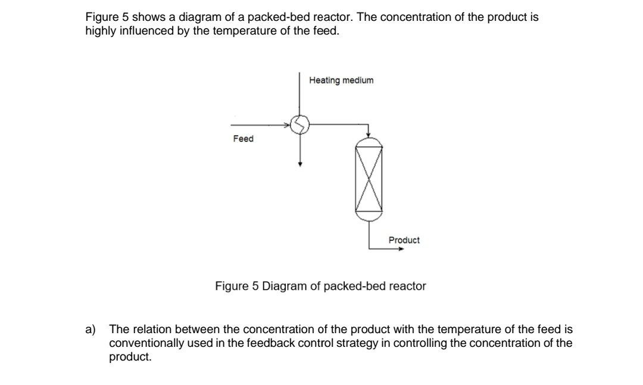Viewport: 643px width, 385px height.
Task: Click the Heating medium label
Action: (341, 80)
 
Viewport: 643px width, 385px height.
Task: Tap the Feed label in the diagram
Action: (243, 139)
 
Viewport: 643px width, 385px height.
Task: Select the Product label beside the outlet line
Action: (404, 240)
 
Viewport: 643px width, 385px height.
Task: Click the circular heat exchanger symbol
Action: (301, 124)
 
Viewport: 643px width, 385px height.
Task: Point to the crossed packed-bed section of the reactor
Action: (369, 179)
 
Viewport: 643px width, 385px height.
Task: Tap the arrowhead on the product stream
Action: (401, 249)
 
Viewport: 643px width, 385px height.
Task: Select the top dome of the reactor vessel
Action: (369, 141)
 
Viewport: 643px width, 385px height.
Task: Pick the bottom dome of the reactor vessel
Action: (369, 218)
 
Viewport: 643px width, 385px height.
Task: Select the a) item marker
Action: (90, 330)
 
